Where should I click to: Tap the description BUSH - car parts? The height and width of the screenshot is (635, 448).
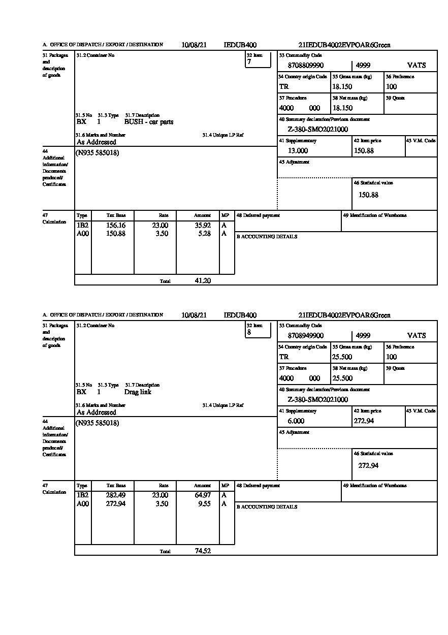click(149, 122)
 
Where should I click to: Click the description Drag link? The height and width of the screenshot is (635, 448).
click(138, 392)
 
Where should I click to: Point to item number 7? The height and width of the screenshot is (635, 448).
click(249, 62)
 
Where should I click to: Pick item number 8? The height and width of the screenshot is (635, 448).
click(249, 332)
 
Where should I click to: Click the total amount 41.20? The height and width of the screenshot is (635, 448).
click(203, 280)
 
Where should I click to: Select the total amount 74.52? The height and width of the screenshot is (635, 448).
click(203, 551)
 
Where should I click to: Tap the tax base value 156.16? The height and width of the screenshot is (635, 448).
click(115, 226)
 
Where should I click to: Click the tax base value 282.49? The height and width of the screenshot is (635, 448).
click(115, 496)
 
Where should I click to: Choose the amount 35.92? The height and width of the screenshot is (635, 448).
click(203, 226)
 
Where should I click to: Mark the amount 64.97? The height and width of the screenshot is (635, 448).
click(203, 496)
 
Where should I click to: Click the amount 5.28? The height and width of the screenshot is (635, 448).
click(205, 234)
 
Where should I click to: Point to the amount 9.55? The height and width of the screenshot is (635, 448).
click(205, 504)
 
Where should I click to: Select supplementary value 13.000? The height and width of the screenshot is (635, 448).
click(298, 151)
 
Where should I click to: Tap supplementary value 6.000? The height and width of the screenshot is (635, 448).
click(296, 421)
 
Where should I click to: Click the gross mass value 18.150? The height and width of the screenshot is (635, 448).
click(342, 87)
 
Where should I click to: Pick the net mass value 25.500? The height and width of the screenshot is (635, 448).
click(342, 378)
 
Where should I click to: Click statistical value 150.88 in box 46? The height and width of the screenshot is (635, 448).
click(368, 195)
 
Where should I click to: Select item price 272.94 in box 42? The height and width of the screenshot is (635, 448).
click(364, 421)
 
